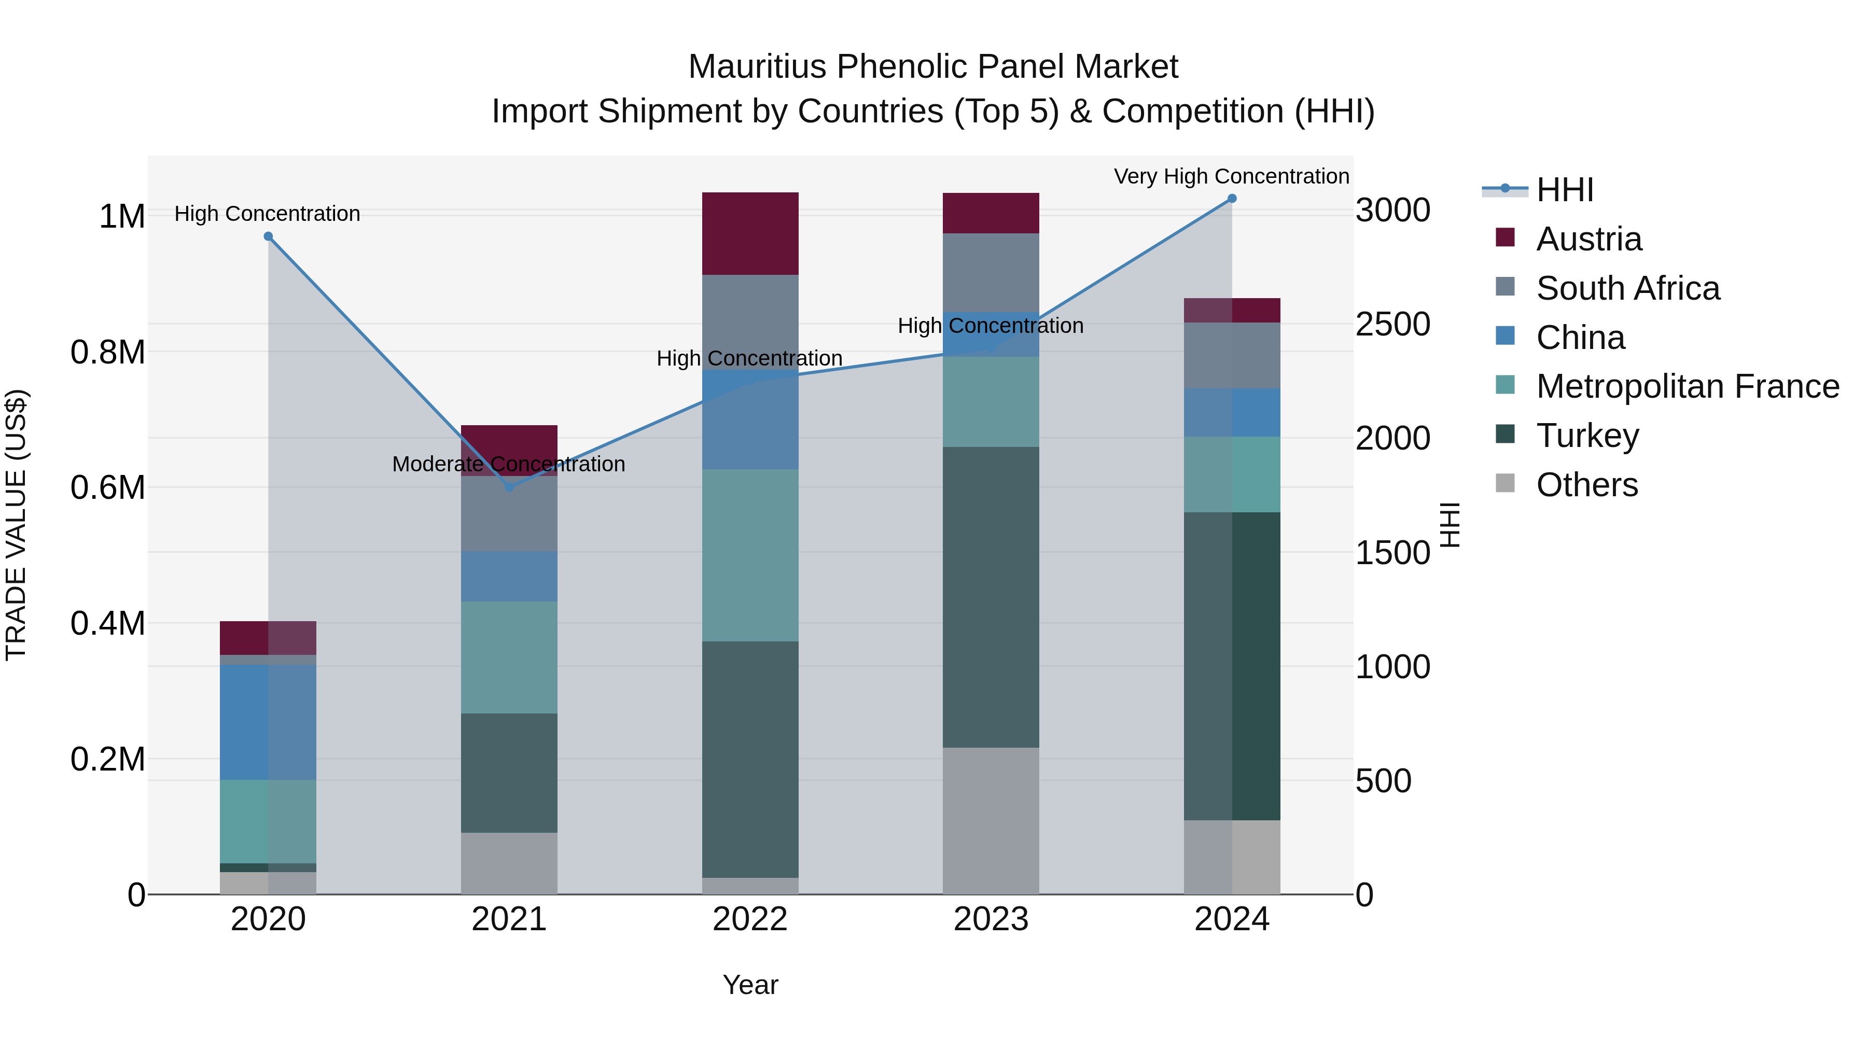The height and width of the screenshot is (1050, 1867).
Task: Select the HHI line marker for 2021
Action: coord(509,487)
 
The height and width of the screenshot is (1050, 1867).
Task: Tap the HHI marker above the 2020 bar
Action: coord(268,236)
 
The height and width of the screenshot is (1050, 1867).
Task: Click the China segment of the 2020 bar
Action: coord(268,722)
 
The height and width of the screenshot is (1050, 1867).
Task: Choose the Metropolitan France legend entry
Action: coord(1687,386)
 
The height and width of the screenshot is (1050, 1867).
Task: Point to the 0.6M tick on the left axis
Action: coord(108,488)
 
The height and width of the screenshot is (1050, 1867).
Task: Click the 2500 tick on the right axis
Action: coord(1392,324)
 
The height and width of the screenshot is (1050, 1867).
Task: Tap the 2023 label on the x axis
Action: coord(991,919)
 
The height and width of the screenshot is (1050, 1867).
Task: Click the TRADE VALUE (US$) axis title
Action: coord(16,525)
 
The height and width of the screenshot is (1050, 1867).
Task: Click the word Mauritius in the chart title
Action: coord(757,67)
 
